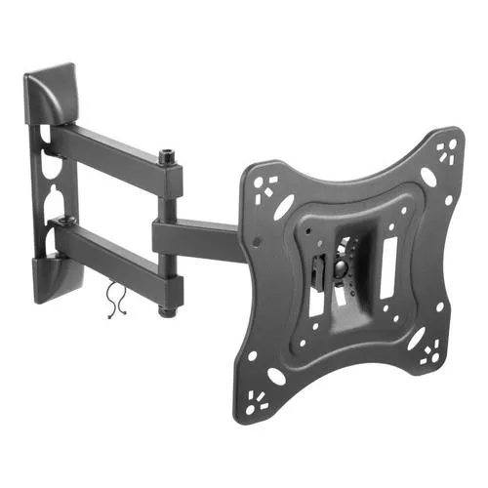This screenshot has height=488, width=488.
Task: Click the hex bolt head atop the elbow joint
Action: (168, 154)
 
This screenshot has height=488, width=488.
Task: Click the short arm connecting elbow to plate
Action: (200, 235)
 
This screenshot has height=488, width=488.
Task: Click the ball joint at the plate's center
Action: (341, 264)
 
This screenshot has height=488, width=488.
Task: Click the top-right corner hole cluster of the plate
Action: (448, 149)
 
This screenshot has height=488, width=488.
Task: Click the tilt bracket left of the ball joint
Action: (317, 273)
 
